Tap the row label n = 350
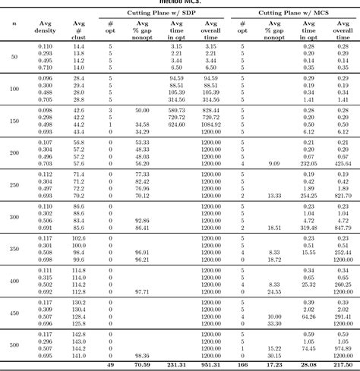(x=14, y=249)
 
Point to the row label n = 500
(x=14, y=344)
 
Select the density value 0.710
(x=46, y=68)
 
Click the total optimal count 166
(x=242, y=365)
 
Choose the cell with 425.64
(x=341, y=163)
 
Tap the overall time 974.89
(x=341, y=347)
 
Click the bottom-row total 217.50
(x=341, y=365)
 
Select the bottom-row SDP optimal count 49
(x=111, y=365)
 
